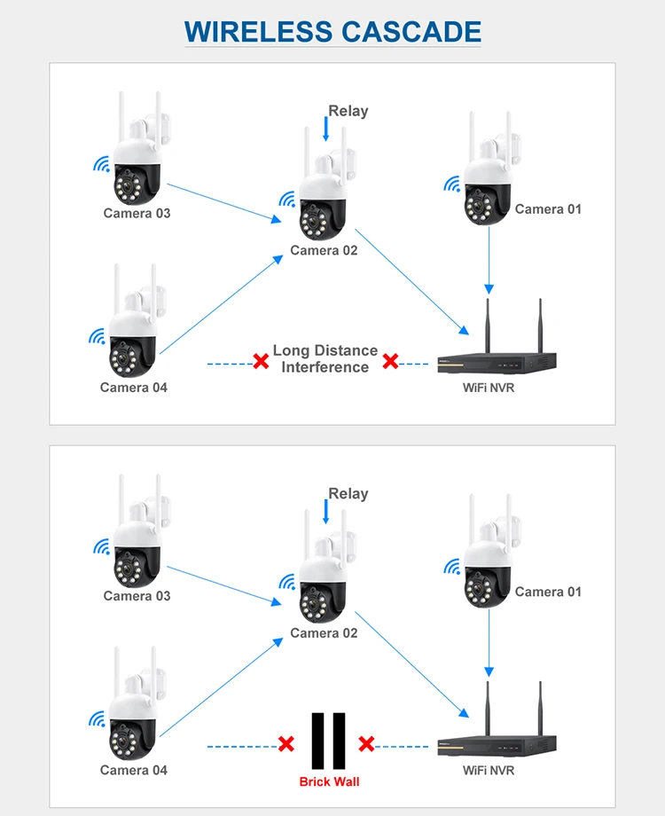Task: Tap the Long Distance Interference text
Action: click(x=325, y=359)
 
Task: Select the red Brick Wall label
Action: click(x=329, y=781)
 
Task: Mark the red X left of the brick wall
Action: click(x=286, y=743)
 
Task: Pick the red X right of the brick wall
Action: click(x=366, y=743)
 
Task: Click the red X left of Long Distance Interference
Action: click(x=261, y=361)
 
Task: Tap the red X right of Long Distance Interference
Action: click(x=390, y=361)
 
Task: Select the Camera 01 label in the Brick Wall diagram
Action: click(x=548, y=592)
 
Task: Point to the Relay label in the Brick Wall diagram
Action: click(x=348, y=494)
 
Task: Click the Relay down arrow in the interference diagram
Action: click(x=326, y=129)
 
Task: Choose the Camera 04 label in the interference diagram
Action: click(x=134, y=387)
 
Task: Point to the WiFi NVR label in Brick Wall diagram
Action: click(x=489, y=770)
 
